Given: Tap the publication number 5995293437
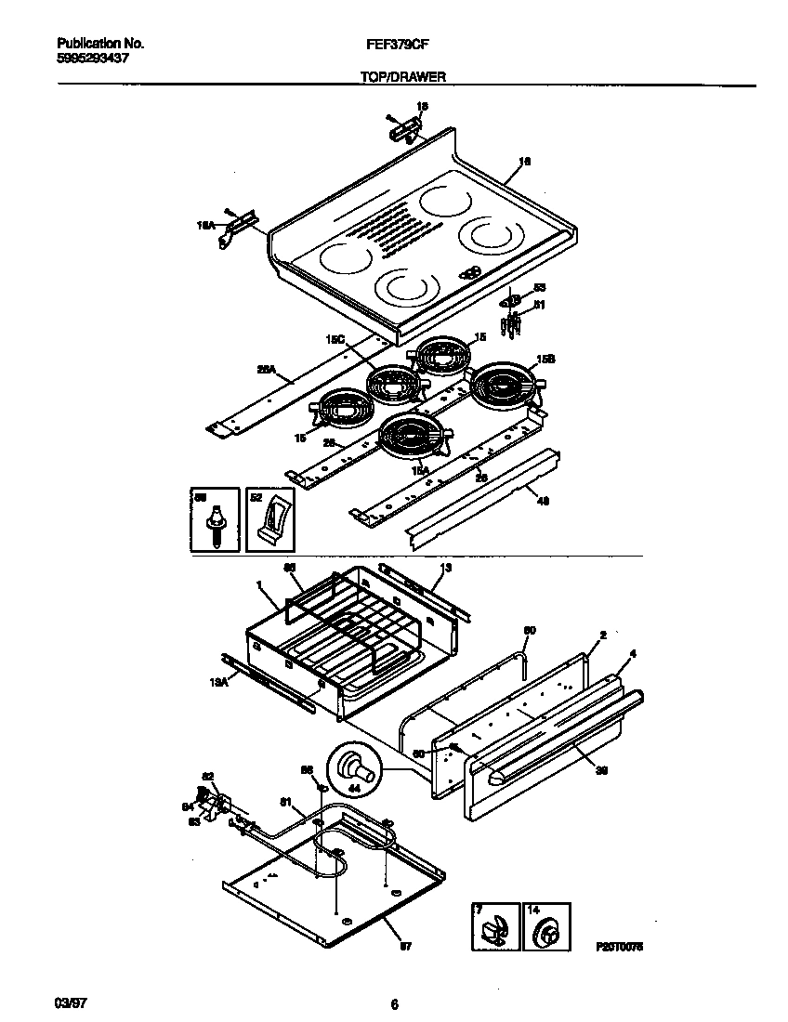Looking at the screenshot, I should click(x=93, y=58).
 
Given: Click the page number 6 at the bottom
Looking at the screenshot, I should click(x=394, y=1004).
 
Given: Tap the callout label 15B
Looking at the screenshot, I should click(x=546, y=360).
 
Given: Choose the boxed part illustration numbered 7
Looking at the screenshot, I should click(x=493, y=927).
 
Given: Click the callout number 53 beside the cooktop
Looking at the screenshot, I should click(x=539, y=288).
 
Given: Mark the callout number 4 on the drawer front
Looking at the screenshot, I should click(x=633, y=654).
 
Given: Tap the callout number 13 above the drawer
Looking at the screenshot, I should click(x=445, y=567).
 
